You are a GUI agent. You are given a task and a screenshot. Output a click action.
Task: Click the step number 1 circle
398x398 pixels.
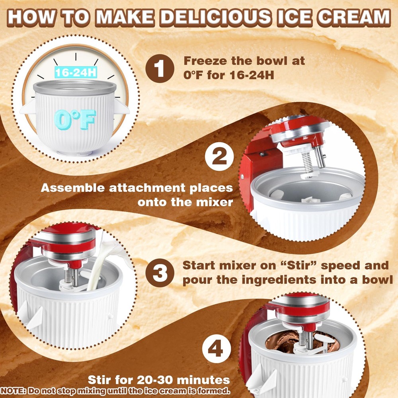tap(160, 68)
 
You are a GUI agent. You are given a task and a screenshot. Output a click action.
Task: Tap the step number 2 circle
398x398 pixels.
tap(219, 156)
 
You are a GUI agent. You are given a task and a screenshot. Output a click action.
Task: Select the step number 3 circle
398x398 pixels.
tap(160, 273)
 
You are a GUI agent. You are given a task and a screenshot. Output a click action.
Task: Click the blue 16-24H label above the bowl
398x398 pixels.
tap(76, 72)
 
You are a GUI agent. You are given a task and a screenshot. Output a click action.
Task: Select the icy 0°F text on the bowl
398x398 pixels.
tap(75, 119)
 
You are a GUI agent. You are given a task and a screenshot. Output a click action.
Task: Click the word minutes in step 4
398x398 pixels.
tap(203, 380)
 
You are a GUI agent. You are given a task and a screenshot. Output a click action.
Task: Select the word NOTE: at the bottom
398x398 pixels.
tap(13, 391)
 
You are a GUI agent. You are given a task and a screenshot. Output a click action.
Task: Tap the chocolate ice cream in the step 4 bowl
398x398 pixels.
tap(302, 342)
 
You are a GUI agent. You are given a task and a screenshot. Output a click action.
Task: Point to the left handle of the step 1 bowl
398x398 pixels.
tap(28, 107)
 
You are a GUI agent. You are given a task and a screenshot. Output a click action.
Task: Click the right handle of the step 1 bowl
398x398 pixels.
tap(121, 107)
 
